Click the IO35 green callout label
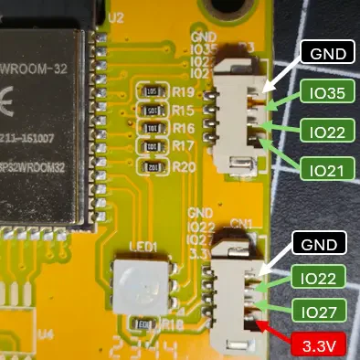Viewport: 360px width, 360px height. coord(327,92)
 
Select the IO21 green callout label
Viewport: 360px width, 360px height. coord(327,170)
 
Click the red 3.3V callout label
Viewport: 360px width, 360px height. coord(319,347)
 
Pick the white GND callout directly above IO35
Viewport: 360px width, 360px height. coord(327,53)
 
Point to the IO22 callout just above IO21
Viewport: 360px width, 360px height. coord(327,132)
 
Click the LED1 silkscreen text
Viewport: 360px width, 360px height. coord(143,247)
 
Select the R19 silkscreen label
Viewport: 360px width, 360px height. coord(183,93)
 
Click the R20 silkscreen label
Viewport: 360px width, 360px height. coord(183,167)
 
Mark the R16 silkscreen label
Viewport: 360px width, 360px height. coord(183,129)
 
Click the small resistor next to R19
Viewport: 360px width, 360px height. coord(153,92)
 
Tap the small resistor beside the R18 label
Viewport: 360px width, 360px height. coord(143,324)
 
